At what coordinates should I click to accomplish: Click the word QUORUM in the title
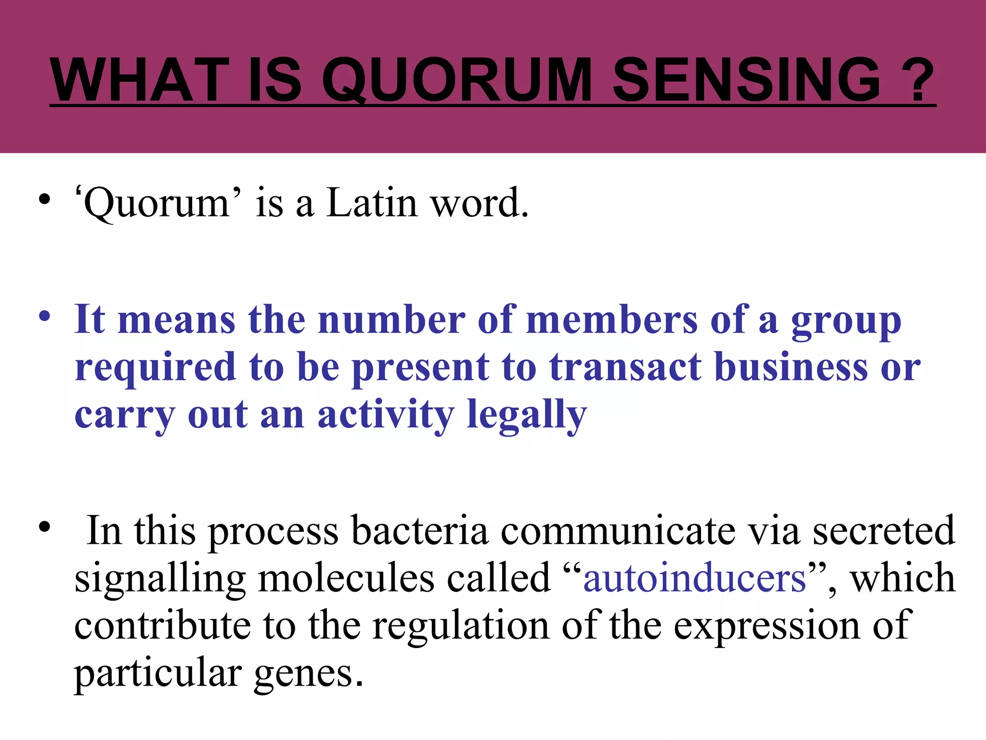click(456, 79)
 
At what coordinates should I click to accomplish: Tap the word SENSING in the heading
click(747, 79)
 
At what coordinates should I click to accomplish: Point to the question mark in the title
click(917, 79)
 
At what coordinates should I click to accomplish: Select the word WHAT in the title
click(140, 79)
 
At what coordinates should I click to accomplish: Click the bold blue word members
click(612, 320)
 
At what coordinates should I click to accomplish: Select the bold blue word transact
click(625, 367)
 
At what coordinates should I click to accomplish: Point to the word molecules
click(346, 578)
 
